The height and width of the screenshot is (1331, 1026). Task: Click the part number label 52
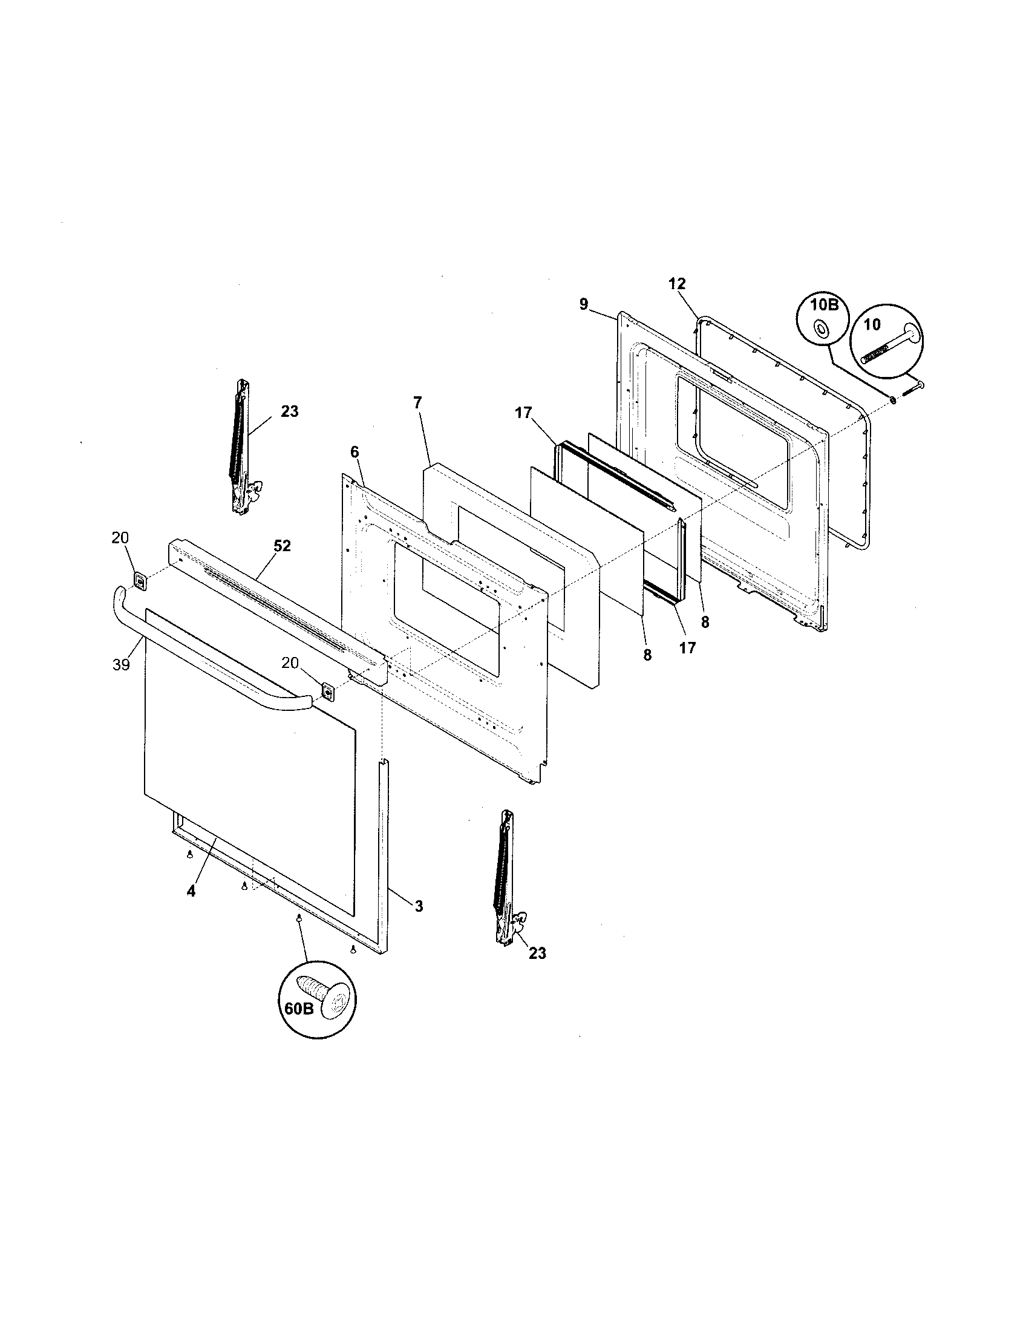coord(282,546)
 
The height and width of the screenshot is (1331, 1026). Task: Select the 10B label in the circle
coord(824,305)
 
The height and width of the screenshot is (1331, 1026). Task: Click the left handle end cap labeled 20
coord(140,581)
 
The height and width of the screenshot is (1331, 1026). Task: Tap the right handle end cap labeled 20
coord(328,692)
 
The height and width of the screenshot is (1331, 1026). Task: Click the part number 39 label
coord(121,665)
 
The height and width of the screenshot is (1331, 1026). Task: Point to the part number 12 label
coord(677,283)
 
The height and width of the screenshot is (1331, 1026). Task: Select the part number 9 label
coord(584,304)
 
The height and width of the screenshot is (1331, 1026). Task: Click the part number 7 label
coord(417,402)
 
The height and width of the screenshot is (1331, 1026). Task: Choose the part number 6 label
coord(355,451)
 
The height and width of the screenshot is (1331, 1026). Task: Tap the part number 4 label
coord(191,891)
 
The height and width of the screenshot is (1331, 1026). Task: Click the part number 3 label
coord(419,923)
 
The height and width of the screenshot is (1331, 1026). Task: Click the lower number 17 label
coord(687,648)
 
